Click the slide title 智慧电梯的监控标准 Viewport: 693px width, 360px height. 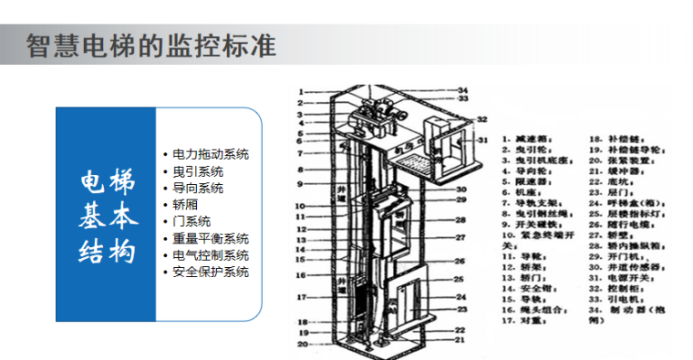tap(150, 46)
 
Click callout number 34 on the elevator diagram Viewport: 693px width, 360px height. tap(462, 90)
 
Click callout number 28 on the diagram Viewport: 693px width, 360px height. tap(461, 221)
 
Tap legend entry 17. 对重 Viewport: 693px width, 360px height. tap(527, 321)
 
